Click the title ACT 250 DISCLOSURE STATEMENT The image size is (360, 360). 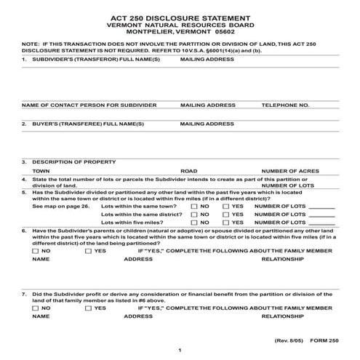180,15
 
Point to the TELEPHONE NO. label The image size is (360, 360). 285,105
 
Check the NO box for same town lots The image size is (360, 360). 195,207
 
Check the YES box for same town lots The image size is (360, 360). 226,207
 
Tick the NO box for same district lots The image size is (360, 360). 195,215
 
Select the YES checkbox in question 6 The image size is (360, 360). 89,250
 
